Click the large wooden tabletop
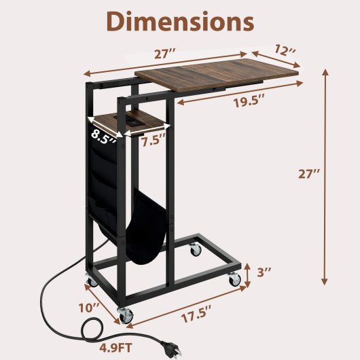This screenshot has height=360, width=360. [217, 75]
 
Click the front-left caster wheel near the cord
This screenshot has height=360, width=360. [125, 314]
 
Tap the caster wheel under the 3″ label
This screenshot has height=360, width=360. [235, 278]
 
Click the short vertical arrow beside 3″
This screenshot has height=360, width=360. [247, 273]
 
